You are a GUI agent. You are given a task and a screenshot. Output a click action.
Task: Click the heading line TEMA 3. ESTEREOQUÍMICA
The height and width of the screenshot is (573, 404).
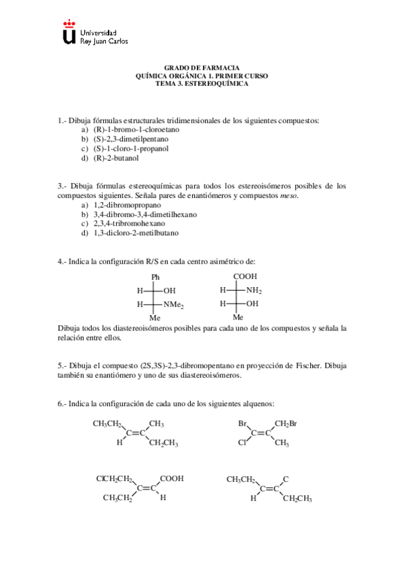pyautogui.click(x=202, y=84)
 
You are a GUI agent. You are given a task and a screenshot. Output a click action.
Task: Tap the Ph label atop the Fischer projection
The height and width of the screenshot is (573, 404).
pyautogui.click(x=155, y=277)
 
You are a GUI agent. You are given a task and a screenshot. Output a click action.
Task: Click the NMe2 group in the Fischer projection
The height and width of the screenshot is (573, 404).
pyautogui.click(x=174, y=305)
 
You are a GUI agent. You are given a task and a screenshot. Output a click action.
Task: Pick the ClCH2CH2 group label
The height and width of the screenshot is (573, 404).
pyautogui.click(x=114, y=478)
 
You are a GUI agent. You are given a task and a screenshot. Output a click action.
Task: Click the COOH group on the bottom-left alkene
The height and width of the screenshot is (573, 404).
pyautogui.click(x=172, y=478)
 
